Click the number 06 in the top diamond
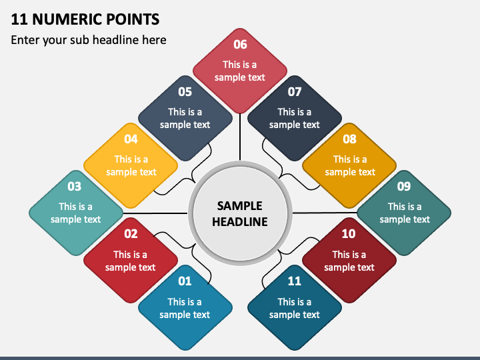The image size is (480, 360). point(240,45)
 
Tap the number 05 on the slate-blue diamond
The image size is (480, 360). point(185,92)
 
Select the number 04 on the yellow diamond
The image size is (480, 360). point(131,139)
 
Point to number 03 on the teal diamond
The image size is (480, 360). point(74,187)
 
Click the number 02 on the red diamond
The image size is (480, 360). point(131,234)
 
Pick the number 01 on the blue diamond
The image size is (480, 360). point(185,281)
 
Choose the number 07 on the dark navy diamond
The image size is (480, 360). point(295,92)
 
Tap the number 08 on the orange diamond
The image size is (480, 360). point(349,139)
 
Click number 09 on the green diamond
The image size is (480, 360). point(404,187)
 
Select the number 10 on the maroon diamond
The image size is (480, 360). point(349,234)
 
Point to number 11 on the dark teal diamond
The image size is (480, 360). point(294,281)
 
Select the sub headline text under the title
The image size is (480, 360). point(89,40)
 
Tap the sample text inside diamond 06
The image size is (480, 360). point(240,71)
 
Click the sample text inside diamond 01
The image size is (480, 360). point(185,308)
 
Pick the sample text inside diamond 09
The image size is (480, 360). point(405,213)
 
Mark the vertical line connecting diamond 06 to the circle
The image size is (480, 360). point(240,137)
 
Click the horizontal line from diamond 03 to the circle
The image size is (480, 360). point(157,213)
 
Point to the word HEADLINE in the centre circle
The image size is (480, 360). point(240,221)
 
